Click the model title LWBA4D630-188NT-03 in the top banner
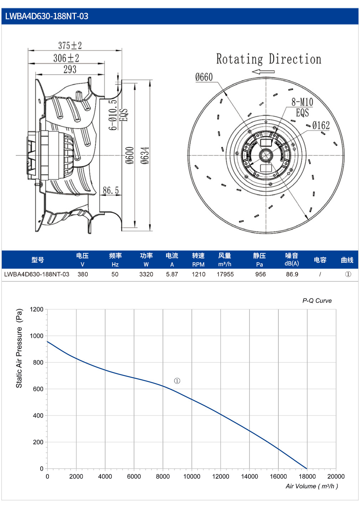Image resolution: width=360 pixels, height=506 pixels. [47, 16]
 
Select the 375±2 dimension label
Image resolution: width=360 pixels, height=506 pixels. [70, 45]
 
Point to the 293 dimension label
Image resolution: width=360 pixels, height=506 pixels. [70, 69]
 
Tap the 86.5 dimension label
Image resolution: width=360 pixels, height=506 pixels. [111, 190]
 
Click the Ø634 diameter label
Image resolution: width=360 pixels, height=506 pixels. [145, 155]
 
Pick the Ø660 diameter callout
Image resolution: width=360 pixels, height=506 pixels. [204, 77]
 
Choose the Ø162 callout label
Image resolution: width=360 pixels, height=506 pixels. [321, 125]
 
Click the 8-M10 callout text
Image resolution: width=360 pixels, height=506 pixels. [302, 102]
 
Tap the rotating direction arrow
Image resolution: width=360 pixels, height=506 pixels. [263, 72]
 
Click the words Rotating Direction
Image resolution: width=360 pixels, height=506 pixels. [269, 59]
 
